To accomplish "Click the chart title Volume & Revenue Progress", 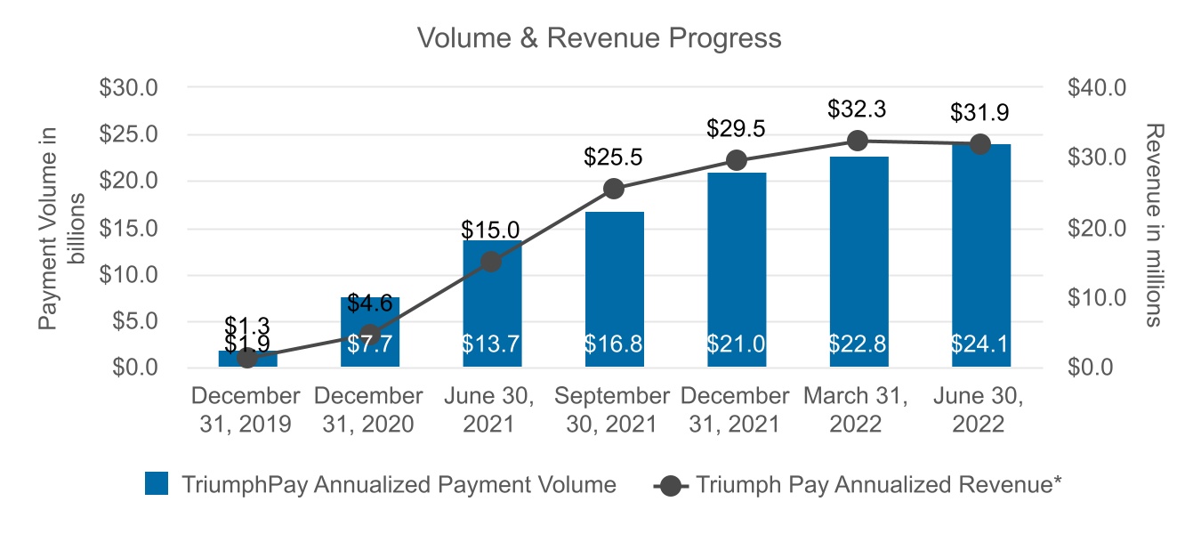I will [600, 38].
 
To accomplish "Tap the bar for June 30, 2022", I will [979, 258].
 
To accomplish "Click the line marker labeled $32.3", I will [858, 141].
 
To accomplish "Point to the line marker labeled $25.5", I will [614, 188].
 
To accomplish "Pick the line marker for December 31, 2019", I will [248, 358].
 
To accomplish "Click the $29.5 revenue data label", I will [736, 127].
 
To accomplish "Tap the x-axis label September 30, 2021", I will [614, 409].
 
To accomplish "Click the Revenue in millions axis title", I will [1152, 228].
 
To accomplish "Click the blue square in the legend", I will [156, 484].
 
